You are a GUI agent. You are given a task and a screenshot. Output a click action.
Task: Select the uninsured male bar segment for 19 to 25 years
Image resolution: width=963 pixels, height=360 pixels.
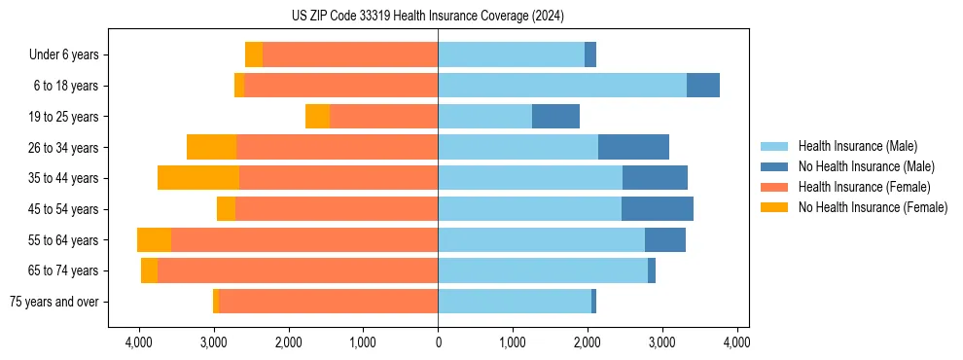point(555,117)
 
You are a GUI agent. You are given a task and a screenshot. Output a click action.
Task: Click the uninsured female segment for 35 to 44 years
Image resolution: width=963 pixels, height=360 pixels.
point(198,178)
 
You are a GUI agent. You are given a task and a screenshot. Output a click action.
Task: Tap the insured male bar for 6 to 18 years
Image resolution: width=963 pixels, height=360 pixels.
point(562,86)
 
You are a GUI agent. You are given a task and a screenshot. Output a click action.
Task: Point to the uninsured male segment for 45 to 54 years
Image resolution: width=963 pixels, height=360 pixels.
point(658,209)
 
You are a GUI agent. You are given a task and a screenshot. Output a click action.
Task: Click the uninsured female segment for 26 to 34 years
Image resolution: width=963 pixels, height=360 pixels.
point(211,148)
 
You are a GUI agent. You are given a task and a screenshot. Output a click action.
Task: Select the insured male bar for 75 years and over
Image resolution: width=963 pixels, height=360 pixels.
point(515,302)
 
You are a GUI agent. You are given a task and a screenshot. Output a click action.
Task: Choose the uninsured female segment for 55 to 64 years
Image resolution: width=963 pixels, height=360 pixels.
point(154,240)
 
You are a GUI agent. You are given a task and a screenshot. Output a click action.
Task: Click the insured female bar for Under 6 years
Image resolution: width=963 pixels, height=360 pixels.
point(350,54)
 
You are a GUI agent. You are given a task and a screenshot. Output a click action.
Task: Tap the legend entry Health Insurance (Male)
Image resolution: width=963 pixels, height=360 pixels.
point(857,146)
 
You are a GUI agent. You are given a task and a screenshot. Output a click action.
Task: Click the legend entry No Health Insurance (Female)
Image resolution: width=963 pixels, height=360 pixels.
point(873,207)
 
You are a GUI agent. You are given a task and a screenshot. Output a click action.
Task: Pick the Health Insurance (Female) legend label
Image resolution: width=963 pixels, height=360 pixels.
point(864,187)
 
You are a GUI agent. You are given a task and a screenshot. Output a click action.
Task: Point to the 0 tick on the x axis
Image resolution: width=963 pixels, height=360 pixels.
point(438,342)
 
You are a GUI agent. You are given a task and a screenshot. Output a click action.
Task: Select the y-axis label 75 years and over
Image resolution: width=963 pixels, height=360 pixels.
point(53,302)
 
